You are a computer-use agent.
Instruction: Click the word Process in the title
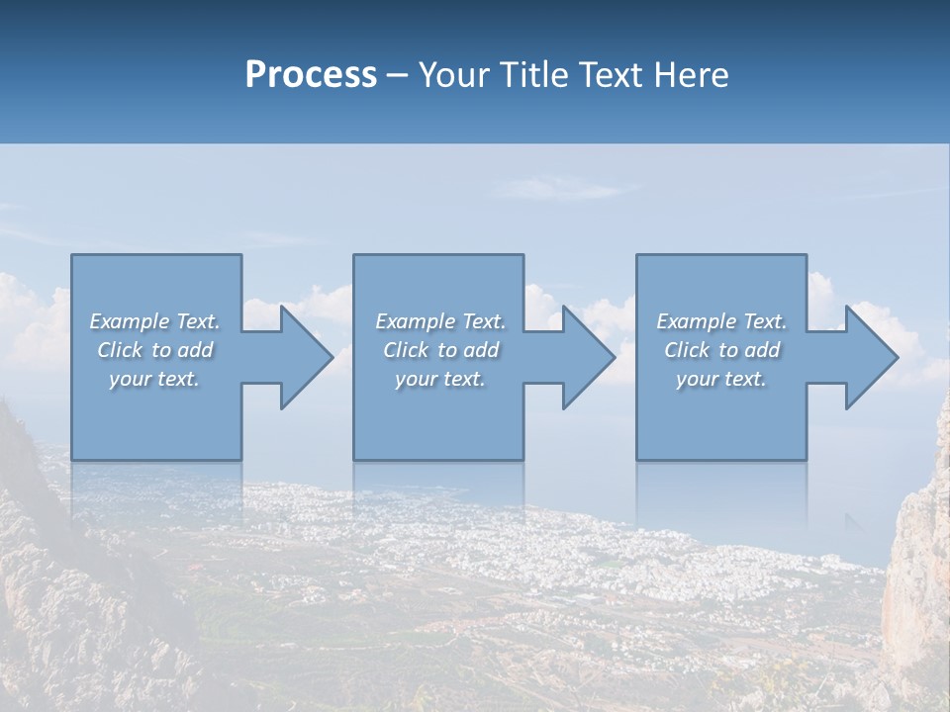(x=311, y=75)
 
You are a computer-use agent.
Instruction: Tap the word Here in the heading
(x=690, y=75)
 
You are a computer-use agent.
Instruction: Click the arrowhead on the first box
(x=302, y=357)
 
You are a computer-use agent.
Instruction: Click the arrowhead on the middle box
(x=584, y=357)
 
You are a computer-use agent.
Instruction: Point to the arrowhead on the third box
(x=867, y=357)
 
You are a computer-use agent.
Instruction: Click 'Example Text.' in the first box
(x=155, y=321)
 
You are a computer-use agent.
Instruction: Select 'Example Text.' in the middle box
(x=440, y=321)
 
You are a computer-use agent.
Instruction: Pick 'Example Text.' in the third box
(x=721, y=321)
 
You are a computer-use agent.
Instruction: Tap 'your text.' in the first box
(x=154, y=379)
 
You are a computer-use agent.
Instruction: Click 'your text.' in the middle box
(x=440, y=379)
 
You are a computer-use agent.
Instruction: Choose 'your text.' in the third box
(x=721, y=379)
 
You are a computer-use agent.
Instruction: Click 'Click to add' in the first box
(x=155, y=350)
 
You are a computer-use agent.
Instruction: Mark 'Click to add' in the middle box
(x=440, y=350)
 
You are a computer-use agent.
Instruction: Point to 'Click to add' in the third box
(x=721, y=350)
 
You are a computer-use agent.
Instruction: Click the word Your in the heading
(x=451, y=75)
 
